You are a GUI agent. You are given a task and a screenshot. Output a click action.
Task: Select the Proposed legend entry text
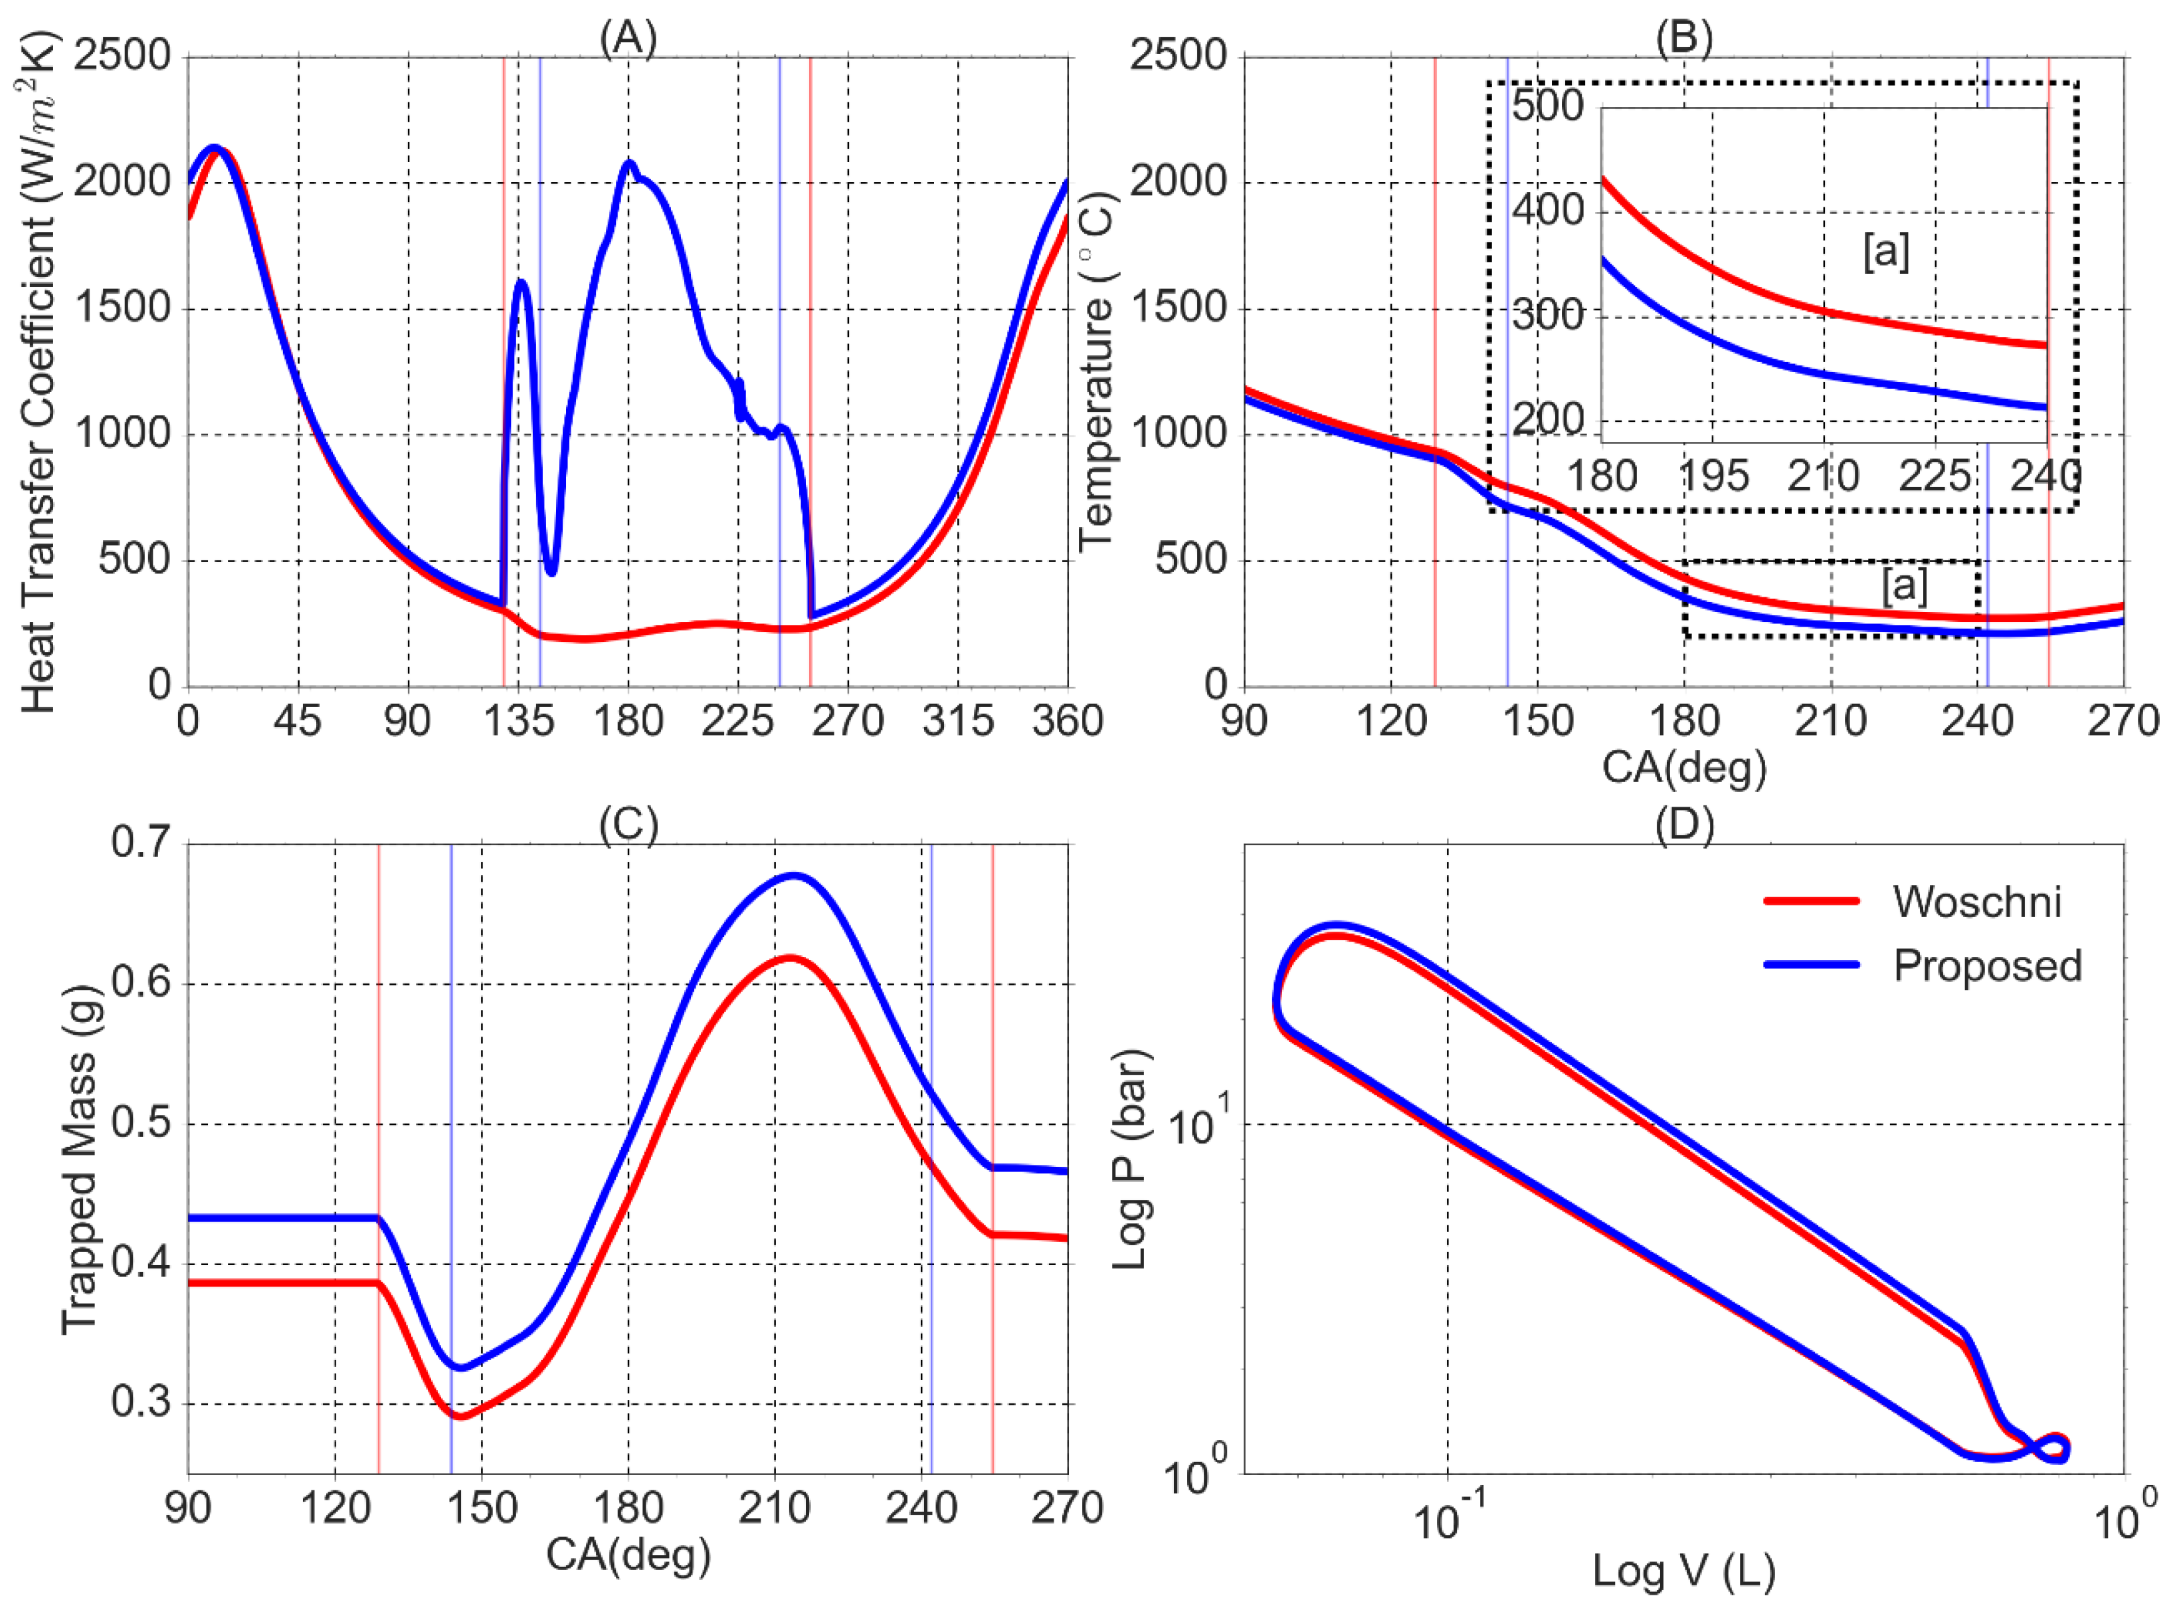click(x=1986, y=965)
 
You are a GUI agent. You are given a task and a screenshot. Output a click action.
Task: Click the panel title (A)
click(x=628, y=37)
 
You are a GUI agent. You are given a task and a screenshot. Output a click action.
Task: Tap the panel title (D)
click(x=1684, y=825)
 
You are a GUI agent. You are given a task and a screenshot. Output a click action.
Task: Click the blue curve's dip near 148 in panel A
click(x=552, y=573)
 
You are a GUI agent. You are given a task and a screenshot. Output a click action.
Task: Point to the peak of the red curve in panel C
click(x=789, y=958)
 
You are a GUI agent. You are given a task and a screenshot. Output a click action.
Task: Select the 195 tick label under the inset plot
click(x=1711, y=477)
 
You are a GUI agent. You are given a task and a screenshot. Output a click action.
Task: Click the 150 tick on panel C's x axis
click(x=482, y=1508)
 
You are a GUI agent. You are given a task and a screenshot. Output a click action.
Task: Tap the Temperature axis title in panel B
click(x=1097, y=371)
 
